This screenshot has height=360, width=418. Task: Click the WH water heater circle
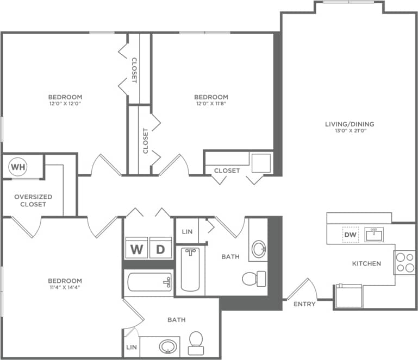(x=18, y=167)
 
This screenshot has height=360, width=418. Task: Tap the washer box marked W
(x=136, y=249)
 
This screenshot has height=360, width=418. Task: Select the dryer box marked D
(x=160, y=249)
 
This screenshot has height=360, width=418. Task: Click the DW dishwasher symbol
(x=350, y=235)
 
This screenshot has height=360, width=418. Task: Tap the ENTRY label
(x=304, y=304)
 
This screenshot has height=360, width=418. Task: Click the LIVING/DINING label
(x=350, y=124)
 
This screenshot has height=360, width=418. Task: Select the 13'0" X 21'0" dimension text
(x=350, y=131)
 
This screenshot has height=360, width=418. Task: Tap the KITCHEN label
(x=366, y=263)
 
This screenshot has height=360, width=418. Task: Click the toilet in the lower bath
(x=196, y=342)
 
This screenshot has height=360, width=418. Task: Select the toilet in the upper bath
(x=252, y=279)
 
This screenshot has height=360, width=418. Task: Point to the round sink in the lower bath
(x=168, y=346)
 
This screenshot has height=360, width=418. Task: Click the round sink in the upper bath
(x=259, y=250)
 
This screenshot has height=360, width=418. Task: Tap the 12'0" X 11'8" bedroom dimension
(x=211, y=104)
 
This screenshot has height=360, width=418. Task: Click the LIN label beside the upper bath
(x=187, y=231)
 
